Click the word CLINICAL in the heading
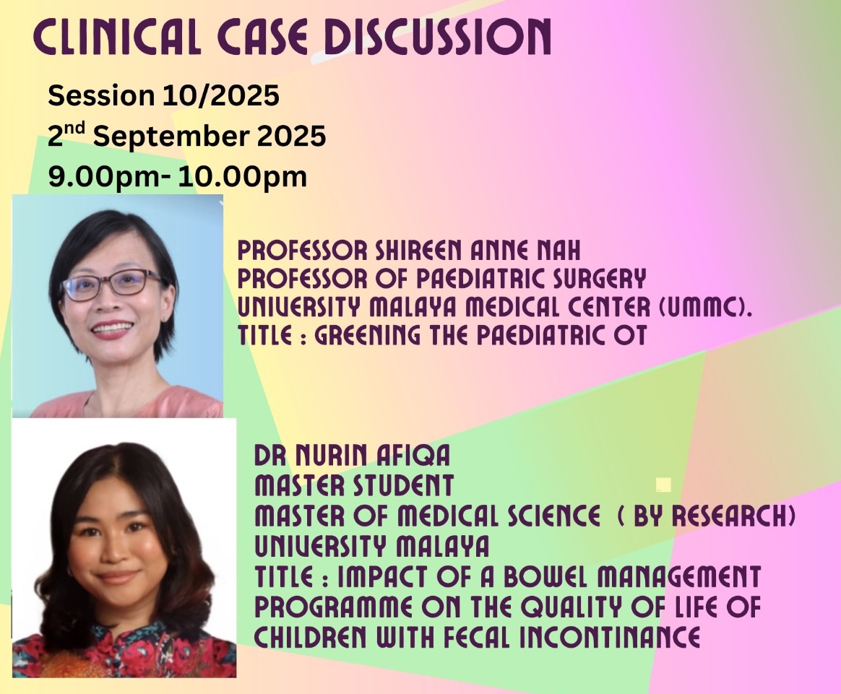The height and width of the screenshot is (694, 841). [117, 36]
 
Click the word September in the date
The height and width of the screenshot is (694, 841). [171, 136]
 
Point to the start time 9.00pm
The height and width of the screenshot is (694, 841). [104, 176]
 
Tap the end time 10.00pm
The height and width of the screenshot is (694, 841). [243, 176]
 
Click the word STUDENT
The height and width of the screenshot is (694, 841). [403, 485]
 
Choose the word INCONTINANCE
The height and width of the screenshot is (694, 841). [610, 637]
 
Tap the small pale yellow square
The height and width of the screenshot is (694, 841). [663, 485]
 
